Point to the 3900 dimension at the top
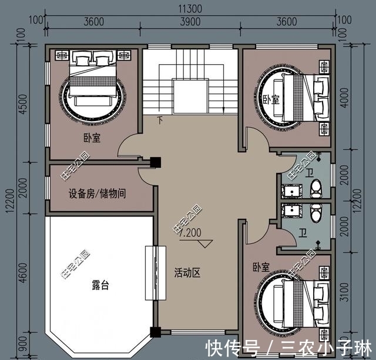190,22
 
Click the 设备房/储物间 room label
98,193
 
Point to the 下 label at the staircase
160,122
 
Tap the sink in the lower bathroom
290,211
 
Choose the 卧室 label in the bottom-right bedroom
261,267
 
